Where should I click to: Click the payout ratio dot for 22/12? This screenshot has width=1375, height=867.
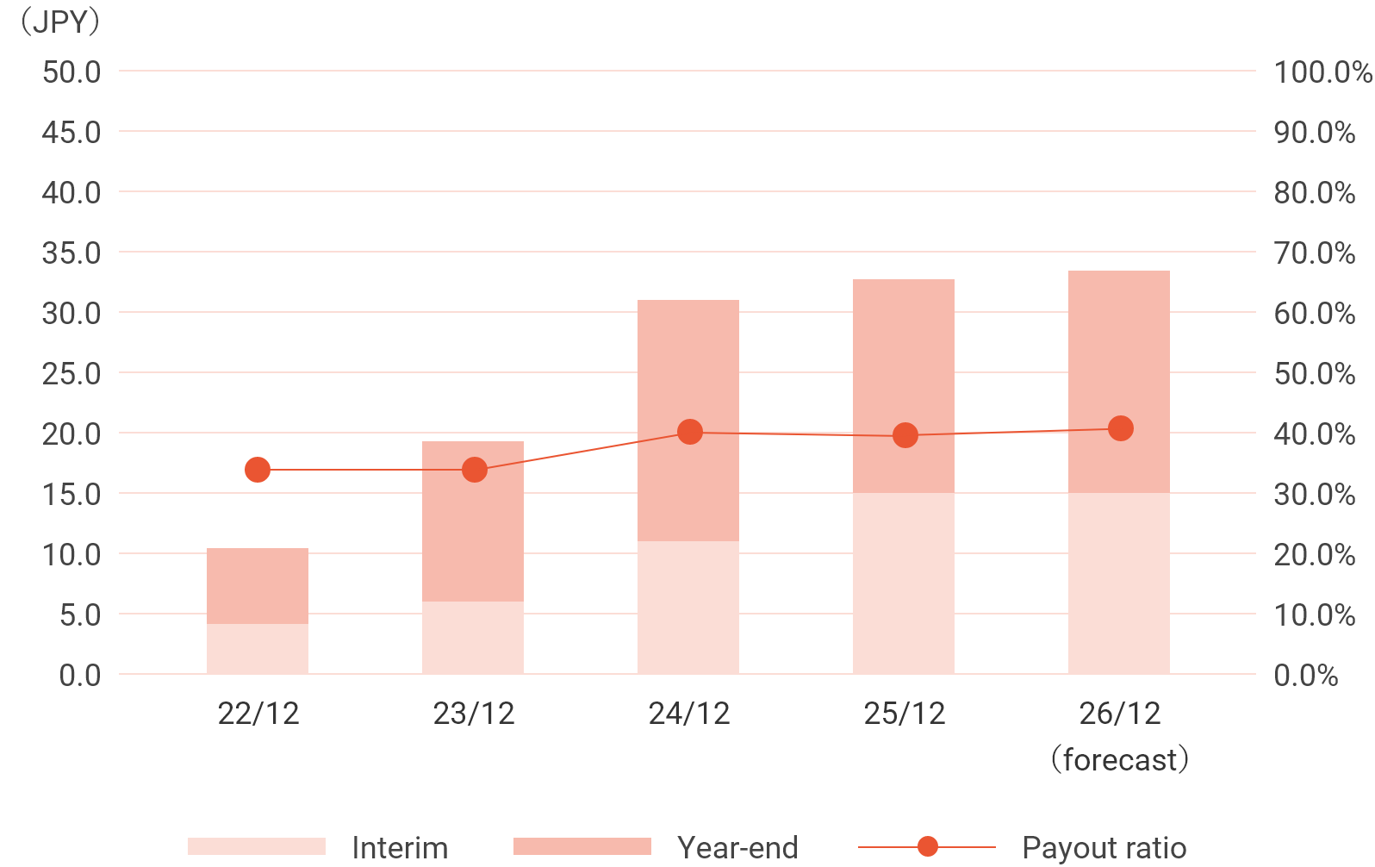(x=258, y=470)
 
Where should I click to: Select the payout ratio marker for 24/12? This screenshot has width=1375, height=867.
(x=689, y=432)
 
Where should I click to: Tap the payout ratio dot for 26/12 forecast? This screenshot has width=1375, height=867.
(x=1120, y=428)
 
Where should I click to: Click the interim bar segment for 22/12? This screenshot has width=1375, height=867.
(x=258, y=648)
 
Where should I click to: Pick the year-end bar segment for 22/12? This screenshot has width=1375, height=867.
(x=258, y=585)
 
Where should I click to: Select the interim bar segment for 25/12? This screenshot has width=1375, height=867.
(x=904, y=583)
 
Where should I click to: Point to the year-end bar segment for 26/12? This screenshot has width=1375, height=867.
(x=1119, y=382)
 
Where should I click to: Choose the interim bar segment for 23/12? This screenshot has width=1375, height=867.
(x=473, y=637)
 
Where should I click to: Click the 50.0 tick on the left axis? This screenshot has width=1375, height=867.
(x=72, y=72)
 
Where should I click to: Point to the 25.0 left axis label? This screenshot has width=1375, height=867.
(x=72, y=374)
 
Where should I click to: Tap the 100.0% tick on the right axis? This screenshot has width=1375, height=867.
(x=1322, y=72)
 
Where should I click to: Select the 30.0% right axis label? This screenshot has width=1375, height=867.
(x=1314, y=495)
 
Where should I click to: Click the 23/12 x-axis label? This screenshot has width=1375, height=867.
(x=474, y=714)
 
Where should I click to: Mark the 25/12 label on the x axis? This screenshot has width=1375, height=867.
(x=905, y=714)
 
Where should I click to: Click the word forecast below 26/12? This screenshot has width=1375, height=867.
(x=1120, y=760)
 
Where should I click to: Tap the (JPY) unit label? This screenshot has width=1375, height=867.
(x=59, y=22)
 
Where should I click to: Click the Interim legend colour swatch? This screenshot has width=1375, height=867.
(x=257, y=846)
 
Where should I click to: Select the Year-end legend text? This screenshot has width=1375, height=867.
(x=737, y=848)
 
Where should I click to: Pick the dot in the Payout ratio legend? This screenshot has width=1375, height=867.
(x=928, y=846)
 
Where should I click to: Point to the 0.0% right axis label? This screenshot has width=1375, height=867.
(x=1305, y=676)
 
